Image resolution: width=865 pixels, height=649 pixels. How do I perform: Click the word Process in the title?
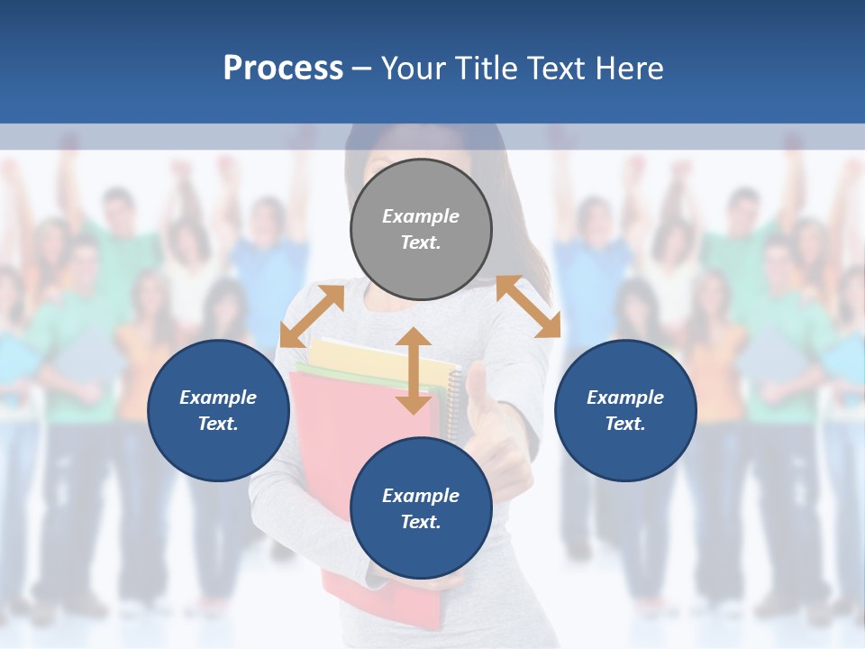click(283, 69)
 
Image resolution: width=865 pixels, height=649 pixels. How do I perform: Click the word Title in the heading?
click(486, 69)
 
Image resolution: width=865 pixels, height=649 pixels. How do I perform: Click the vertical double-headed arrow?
click(414, 370)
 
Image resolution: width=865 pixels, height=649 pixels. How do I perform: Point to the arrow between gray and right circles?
click(528, 306)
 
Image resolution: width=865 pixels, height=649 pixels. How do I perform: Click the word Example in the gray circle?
click(421, 216)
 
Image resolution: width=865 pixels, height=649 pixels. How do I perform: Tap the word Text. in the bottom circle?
click(421, 522)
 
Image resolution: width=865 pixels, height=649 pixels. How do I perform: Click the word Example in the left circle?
click(218, 398)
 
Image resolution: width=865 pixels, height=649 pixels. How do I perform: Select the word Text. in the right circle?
click(625, 424)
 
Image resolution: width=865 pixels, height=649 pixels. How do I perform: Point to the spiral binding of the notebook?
click(455, 397)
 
